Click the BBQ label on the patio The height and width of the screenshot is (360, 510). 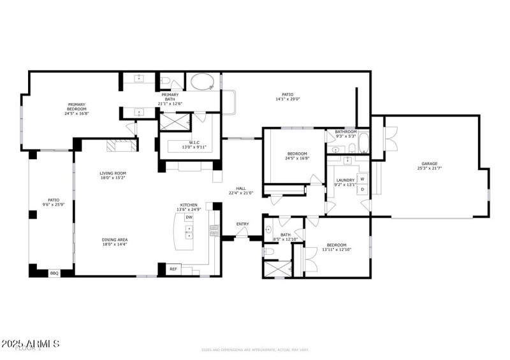pos(54,273)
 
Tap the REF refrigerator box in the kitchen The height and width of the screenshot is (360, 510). pos(173,270)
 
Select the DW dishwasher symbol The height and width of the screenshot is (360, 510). pos(189,217)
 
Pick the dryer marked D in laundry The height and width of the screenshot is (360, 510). pos(362,189)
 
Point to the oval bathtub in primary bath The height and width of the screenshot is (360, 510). pos(203,82)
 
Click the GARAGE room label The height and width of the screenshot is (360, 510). pos(429,164)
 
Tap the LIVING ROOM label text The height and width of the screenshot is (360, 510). pos(112,173)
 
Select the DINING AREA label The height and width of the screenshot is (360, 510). pos(114,240)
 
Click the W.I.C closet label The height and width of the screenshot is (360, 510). pos(194,143)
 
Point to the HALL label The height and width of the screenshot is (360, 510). pos(241,189)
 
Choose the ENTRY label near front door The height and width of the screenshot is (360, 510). pos(242,224)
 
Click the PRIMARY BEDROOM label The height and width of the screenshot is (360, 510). pos(77,105)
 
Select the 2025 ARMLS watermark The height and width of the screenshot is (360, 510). pos(31,344)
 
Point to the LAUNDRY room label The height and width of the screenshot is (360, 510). pos(345,181)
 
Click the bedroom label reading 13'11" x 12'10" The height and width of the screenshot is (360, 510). pos(337,250)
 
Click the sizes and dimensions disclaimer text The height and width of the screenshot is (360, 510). pos(254,350)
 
